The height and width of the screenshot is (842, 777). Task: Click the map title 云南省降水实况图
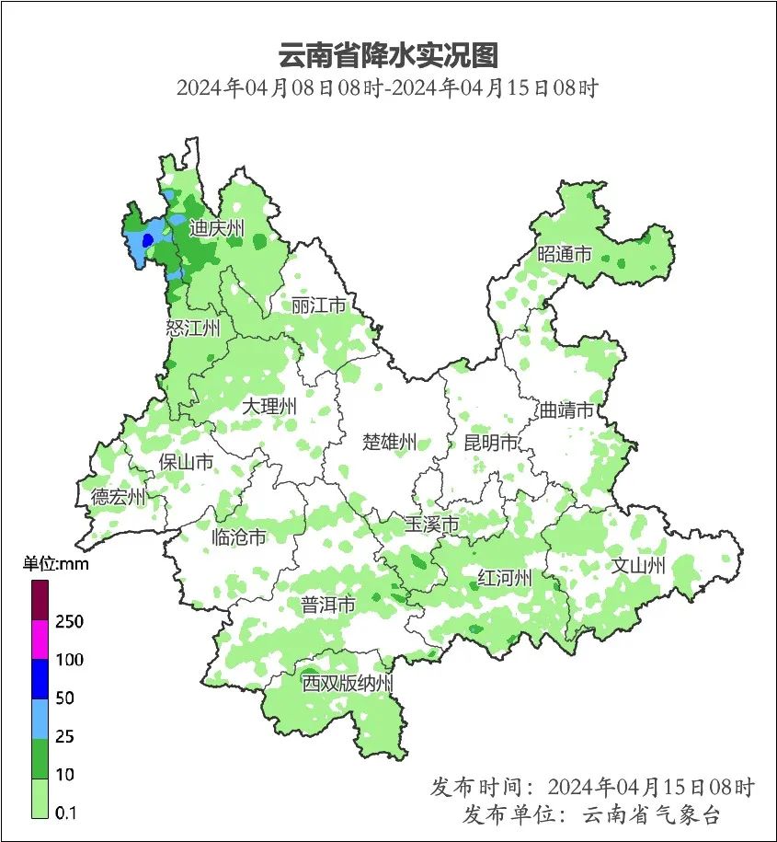point(387,55)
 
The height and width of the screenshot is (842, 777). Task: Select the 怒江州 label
point(193,328)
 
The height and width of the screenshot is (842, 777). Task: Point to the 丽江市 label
point(318,305)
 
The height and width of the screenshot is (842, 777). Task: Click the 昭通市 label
point(565,254)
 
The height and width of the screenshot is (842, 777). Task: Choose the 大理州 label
point(269,406)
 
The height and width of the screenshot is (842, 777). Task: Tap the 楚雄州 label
point(389,442)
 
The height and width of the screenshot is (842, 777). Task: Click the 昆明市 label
point(490,443)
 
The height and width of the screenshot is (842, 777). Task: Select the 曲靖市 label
point(566,409)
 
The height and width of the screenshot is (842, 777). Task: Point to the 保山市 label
point(187,462)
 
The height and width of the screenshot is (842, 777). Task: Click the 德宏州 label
point(118,498)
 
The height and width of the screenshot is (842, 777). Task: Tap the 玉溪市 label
point(432,525)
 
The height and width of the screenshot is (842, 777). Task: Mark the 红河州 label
point(505,578)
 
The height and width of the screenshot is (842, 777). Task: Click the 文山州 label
point(638,565)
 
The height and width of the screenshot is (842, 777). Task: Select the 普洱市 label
point(328,605)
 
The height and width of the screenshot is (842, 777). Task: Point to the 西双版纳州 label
point(348,684)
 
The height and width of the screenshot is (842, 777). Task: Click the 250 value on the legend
point(70,622)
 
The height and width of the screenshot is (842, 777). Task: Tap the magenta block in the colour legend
point(40,640)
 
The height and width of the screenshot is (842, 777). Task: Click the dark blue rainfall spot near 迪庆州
point(147,240)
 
